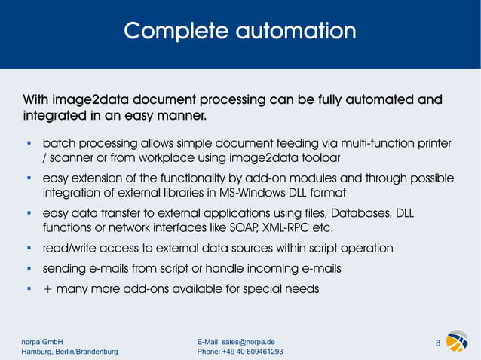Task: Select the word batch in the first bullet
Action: pyautogui.click(x=59, y=143)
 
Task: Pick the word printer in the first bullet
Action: pyautogui.click(x=433, y=143)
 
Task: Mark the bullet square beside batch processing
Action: pyautogui.click(x=28, y=142)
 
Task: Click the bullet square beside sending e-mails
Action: pyautogui.click(x=28, y=267)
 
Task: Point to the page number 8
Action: pyautogui.click(x=438, y=344)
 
